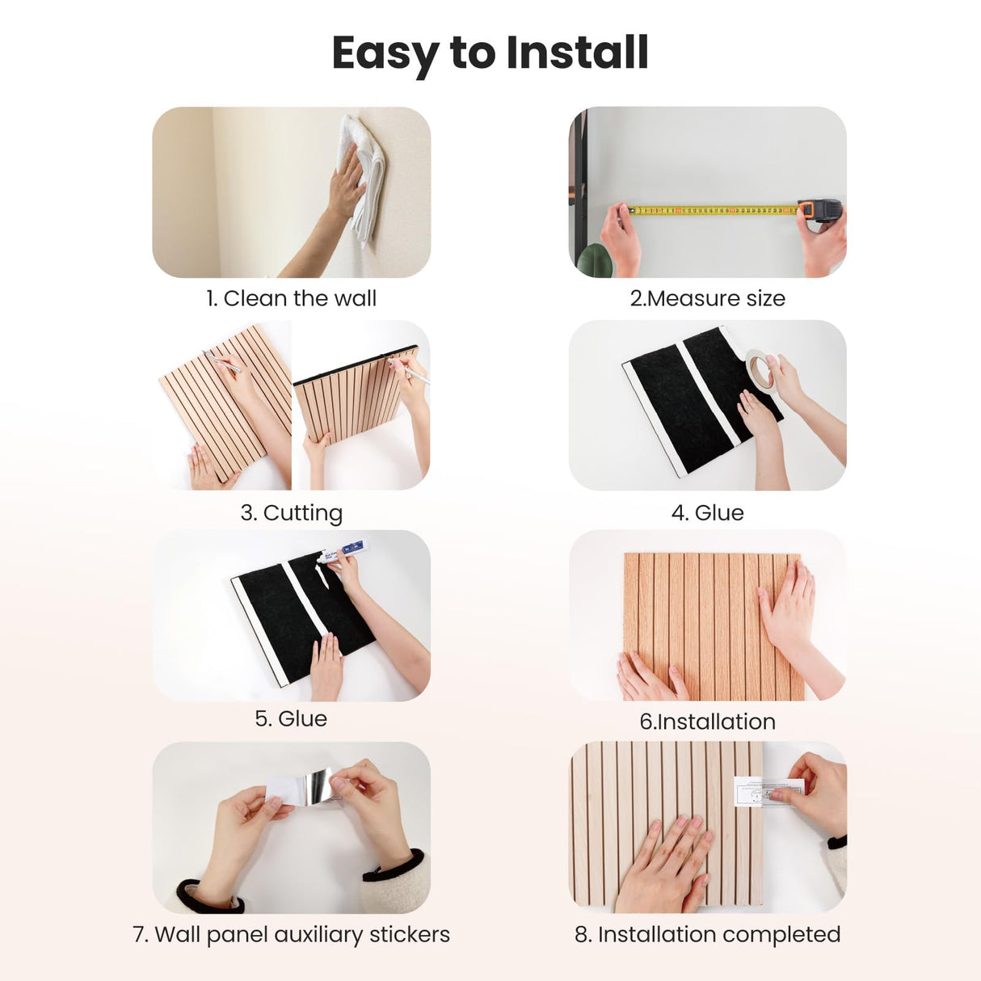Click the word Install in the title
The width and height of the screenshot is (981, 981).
click(577, 53)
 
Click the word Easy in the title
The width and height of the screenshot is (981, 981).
click(386, 56)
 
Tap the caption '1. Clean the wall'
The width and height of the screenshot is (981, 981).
click(291, 298)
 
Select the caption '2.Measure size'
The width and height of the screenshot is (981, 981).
click(708, 298)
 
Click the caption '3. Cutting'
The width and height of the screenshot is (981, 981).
click(292, 513)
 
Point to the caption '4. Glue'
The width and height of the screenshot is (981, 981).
click(708, 512)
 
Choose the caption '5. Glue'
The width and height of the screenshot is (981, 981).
click(291, 718)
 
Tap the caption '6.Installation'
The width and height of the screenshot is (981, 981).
click(708, 722)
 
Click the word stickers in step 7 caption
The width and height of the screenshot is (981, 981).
click(410, 934)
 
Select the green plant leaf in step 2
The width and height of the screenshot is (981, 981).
click(596, 261)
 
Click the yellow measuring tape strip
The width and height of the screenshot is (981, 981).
click(713, 210)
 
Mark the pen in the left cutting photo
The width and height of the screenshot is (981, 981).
click(222, 361)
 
